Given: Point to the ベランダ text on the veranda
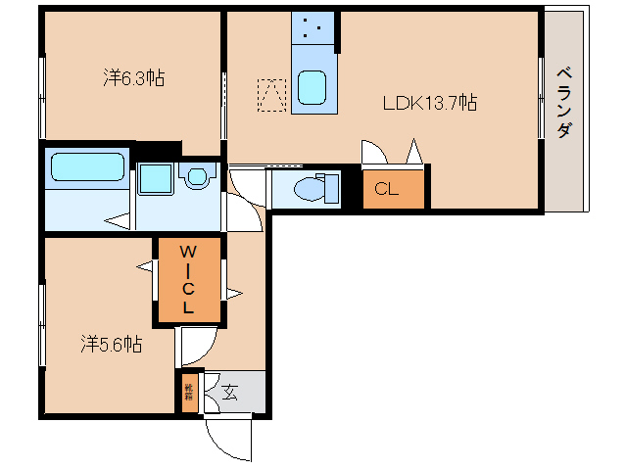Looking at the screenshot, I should click(564, 102).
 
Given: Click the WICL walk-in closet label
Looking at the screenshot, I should click(188, 279).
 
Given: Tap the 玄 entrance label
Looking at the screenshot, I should click(230, 393).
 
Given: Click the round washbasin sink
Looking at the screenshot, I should click(199, 177).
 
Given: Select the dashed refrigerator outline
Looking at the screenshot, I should click(271, 94).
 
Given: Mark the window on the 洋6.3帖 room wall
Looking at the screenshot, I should click(42, 95).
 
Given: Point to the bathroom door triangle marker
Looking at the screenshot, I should click(119, 222).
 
